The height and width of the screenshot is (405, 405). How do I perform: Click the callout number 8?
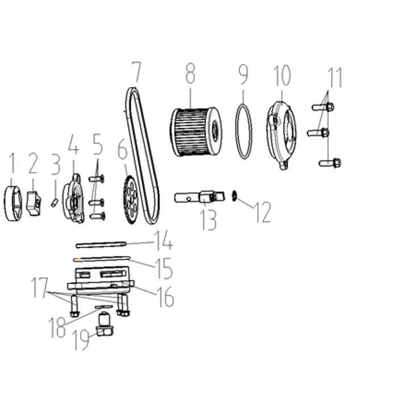click(x=190, y=74)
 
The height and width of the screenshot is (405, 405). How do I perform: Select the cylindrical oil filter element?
click(x=196, y=132)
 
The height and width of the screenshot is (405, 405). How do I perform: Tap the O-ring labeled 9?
click(x=243, y=131)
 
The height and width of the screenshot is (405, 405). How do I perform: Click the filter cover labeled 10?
click(x=282, y=135)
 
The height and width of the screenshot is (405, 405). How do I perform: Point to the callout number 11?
click(x=335, y=78)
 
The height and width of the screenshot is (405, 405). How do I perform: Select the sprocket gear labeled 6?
click(x=131, y=199)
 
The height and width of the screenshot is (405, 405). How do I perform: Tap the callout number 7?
click(x=137, y=72)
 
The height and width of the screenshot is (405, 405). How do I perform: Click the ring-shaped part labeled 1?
click(x=13, y=203)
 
